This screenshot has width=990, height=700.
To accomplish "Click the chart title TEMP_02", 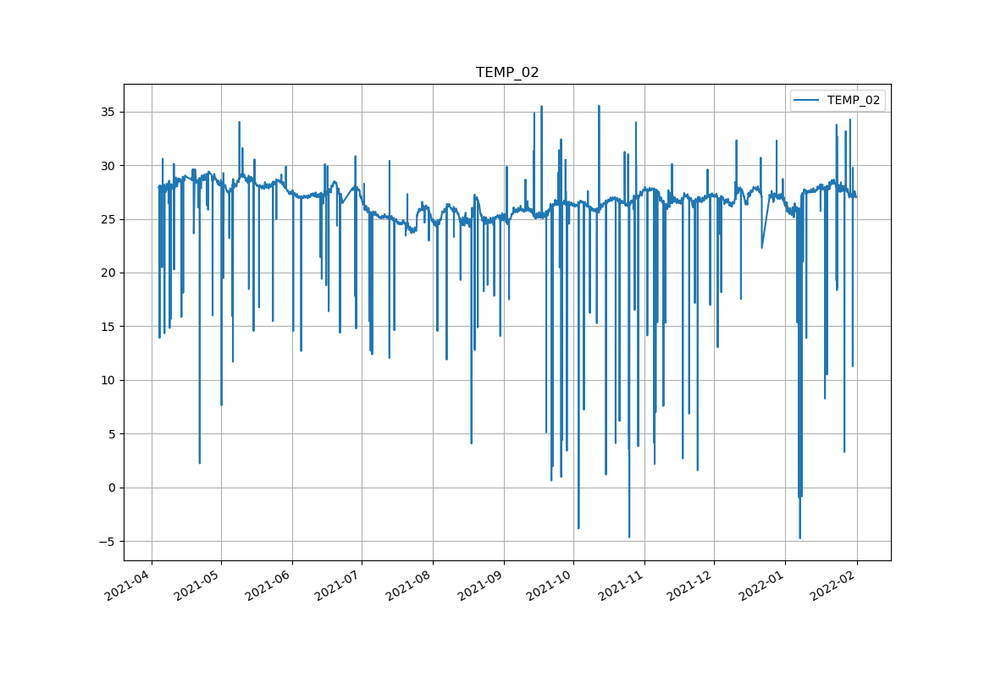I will coord(507,73).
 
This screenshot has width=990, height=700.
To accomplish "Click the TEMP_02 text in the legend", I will coord(853,100).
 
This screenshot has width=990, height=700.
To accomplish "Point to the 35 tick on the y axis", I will coord(108,112).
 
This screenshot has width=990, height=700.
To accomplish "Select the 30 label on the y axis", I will coord(108,166).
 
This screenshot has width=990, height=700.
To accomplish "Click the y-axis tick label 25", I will coord(108,219).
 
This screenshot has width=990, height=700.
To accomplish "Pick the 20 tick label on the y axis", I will coord(108,273).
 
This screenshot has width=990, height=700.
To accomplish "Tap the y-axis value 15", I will coord(108,327).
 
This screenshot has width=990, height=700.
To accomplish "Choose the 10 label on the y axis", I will coord(108,380).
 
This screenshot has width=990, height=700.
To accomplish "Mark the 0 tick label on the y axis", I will coord(112,488).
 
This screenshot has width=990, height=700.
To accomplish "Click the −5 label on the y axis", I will coord(107,542).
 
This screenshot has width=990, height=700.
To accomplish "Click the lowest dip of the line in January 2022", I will coord(799,537).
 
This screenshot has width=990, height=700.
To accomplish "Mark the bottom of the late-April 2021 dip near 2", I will coord(200,463).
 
